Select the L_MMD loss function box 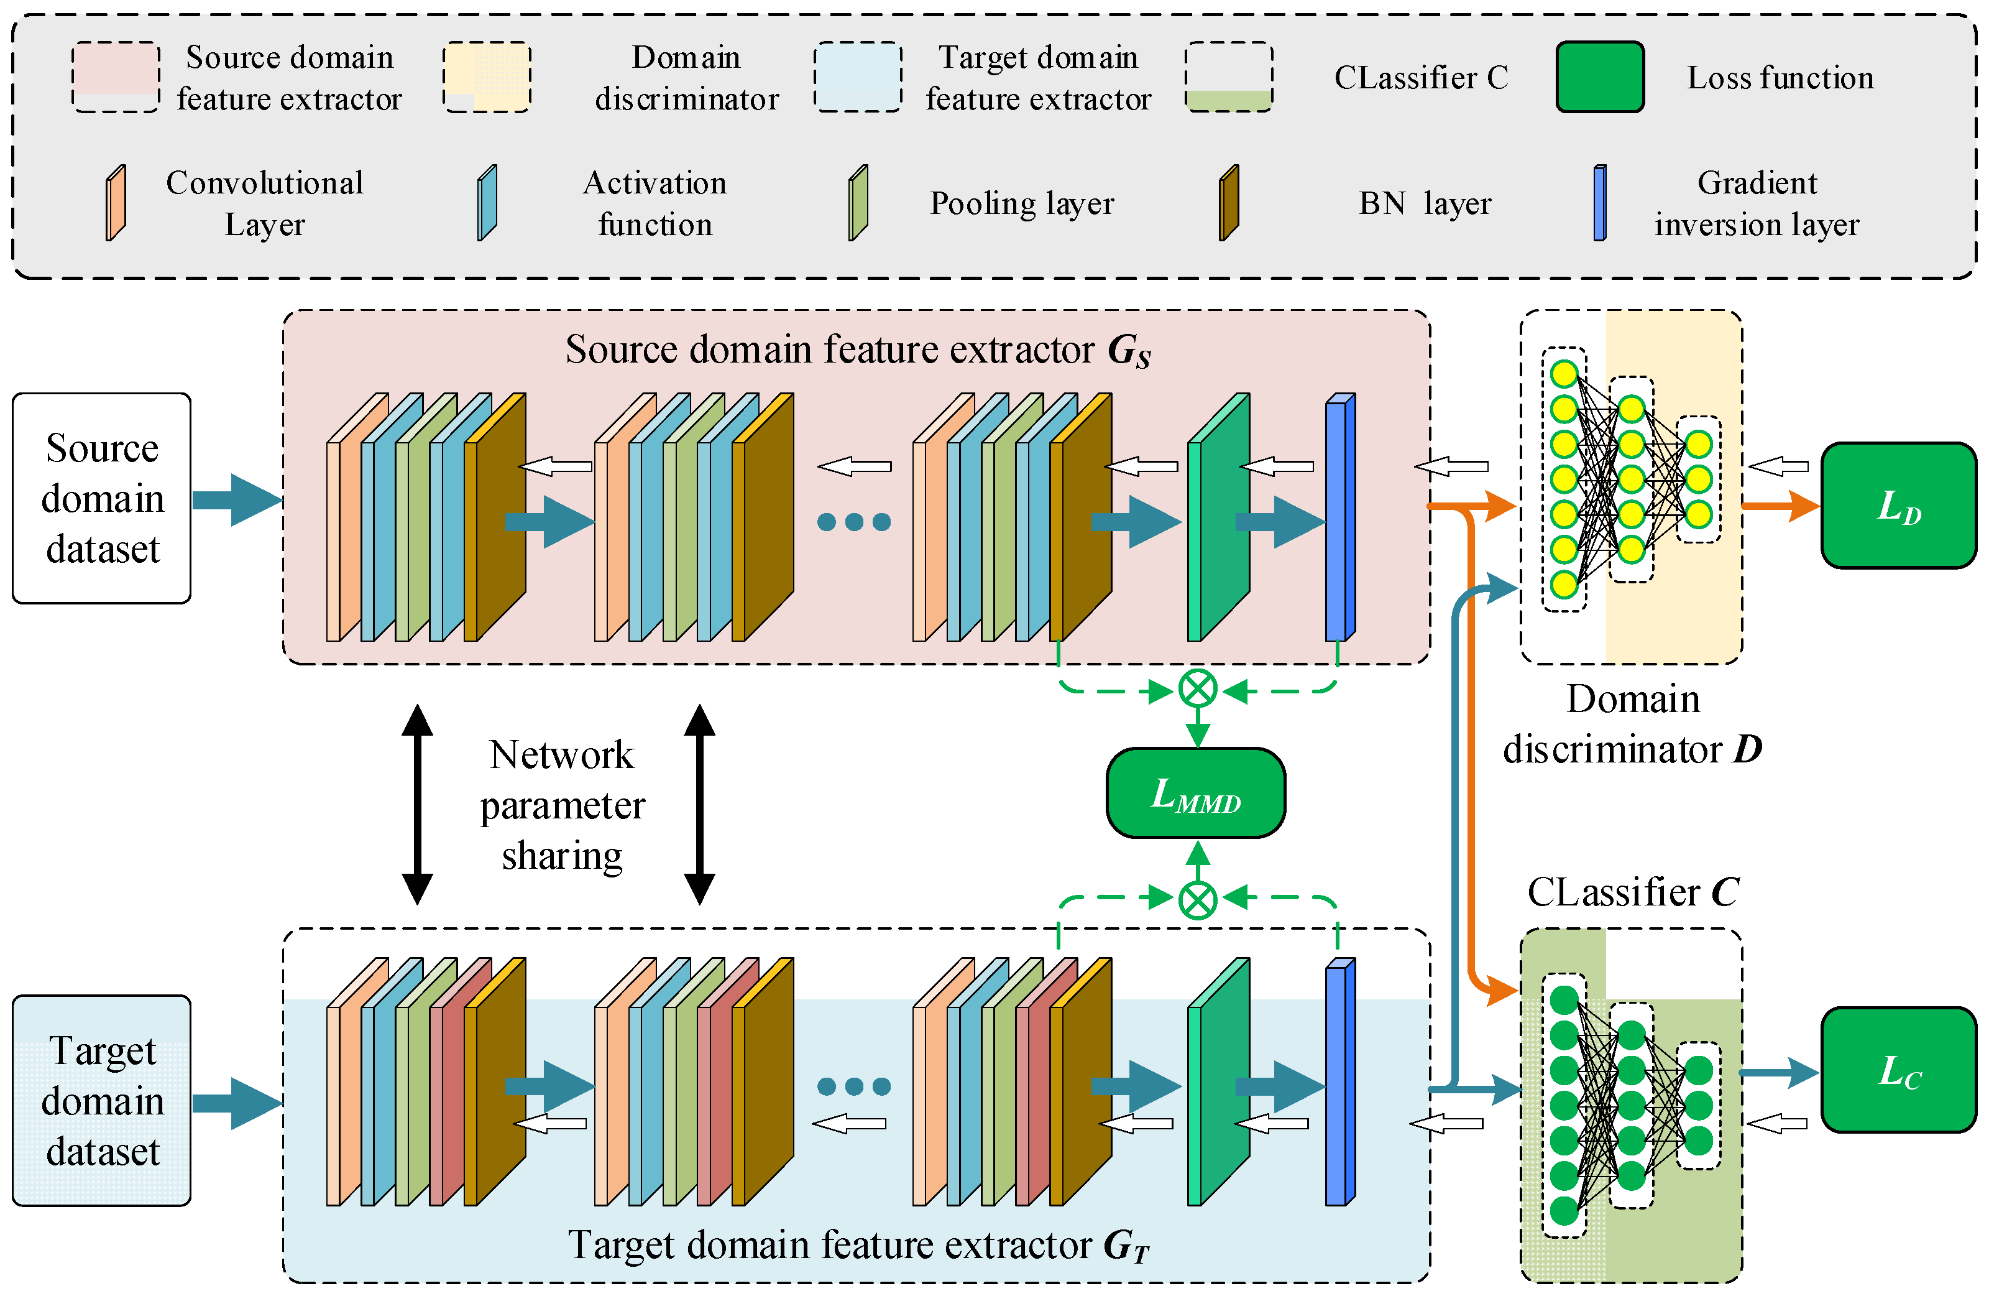[1196, 793]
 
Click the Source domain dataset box [102, 498]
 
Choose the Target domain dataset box [102, 1100]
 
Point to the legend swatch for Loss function [1599, 77]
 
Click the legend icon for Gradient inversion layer [1599, 203]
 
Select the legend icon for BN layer [1228, 203]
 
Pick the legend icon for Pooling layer [858, 203]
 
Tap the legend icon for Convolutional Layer [116, 203]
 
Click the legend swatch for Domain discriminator [487, 77]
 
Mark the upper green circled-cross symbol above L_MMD [1198, 690]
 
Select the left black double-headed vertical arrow [417, 804]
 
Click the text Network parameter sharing [562, 804]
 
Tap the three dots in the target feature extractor [853, 1086]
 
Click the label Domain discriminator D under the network [1632, 724]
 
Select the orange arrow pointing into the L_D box [1780, 506]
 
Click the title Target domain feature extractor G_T [858, 1245]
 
